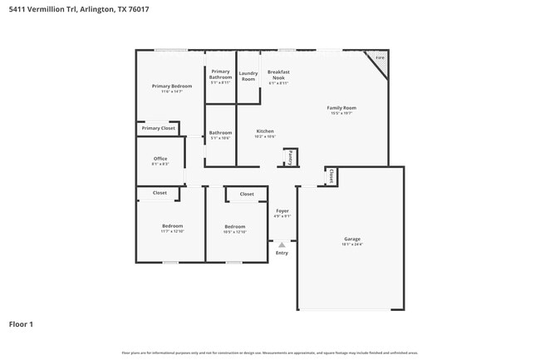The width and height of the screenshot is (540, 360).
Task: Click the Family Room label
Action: coord(341,108)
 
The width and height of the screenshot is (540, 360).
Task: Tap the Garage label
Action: coord(352,239)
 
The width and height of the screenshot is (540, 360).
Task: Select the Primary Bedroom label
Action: coord(172,86)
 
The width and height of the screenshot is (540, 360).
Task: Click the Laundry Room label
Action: coord(248,76)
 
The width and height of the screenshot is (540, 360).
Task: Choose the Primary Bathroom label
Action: coord(220,75)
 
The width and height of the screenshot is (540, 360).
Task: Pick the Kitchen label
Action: coord(265,131)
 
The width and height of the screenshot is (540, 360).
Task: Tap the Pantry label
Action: coord(290,155)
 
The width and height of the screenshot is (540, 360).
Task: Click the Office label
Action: coord(160,159)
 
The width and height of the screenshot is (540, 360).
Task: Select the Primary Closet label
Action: coord(158,128)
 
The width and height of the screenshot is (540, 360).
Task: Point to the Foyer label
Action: coord(282,211)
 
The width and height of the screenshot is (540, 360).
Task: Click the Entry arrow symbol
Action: coord(282,244)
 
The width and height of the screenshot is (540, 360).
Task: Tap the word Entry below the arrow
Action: coord(282,253)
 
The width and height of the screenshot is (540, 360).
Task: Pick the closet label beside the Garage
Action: coord(331,176)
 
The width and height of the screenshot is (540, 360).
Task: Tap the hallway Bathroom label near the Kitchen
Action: coord(220,133)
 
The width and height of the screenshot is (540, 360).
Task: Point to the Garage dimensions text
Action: coord(352,244)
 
